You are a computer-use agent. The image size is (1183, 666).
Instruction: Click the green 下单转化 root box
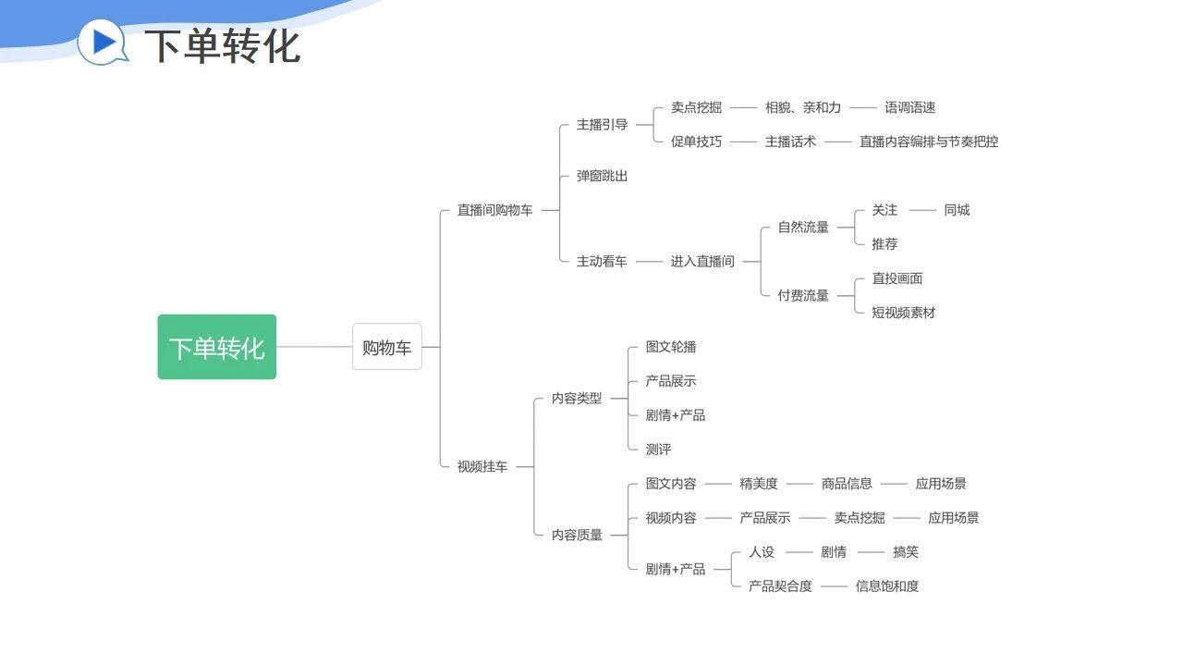click(216, 347)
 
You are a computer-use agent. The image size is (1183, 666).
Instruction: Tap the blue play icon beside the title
click(103, 42)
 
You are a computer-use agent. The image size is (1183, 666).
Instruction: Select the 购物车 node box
click(386, 347)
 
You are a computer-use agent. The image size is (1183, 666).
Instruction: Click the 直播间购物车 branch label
click(494, 210)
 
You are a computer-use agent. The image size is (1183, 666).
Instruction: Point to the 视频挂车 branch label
click(482, 467)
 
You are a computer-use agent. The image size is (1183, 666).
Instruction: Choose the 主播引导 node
click(602, 125)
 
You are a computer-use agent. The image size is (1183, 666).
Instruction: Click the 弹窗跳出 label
click(602, 176)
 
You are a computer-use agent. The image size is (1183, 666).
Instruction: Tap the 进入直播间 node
click(702, 262)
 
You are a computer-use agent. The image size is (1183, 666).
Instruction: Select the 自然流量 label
click(803, 228)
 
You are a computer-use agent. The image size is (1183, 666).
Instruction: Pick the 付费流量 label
click(803, 296)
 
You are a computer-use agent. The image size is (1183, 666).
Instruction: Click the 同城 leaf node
click(957, 210)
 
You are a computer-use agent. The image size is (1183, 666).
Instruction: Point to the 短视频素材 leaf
click(903, 313)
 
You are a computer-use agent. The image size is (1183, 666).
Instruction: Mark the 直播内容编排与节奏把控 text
click(929, 142)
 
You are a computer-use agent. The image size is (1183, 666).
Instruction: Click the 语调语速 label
click(909, 107)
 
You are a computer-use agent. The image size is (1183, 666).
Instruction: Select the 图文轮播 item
click(671, 347)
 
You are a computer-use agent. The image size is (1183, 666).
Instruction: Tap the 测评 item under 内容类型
click(658, 450)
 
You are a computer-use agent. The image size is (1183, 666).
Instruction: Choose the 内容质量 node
click(577, 535)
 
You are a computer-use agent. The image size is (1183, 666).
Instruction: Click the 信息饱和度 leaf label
click(887, 586)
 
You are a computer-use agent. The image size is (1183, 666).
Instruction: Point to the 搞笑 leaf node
click(906, 552)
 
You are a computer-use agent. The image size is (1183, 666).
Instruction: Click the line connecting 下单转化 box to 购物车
click(314, 347)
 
